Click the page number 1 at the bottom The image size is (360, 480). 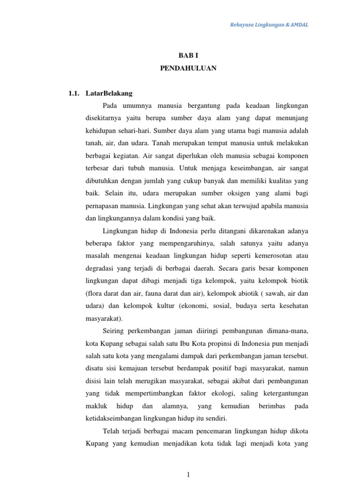click(188, 474)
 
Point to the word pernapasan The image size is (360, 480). click(103, 205)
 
